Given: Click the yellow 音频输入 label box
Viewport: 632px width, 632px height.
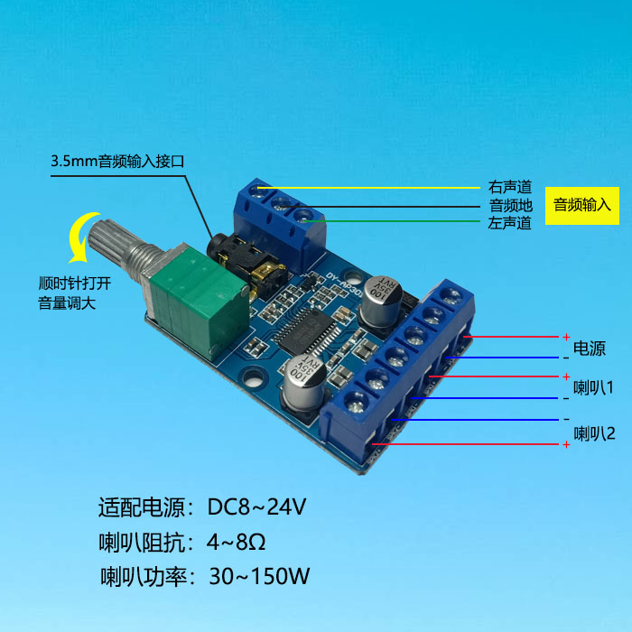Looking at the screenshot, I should [x=582, y=205].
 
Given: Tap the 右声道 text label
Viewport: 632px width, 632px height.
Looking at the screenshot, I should [x=510, y=188].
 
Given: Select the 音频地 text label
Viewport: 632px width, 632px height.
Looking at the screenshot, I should [x=510, y=205].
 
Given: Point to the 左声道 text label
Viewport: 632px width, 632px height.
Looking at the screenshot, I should [x=510, y=222].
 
